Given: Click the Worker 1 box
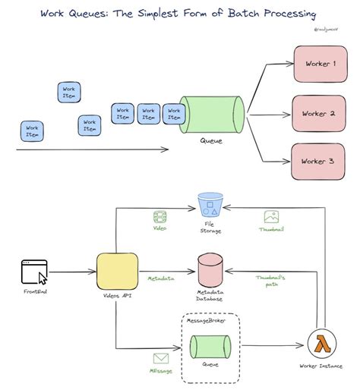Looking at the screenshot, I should (318, 64).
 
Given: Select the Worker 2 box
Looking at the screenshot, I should (318, 113).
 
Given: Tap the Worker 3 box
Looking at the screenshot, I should (318, 161).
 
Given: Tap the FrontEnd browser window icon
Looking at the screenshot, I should (34, 271).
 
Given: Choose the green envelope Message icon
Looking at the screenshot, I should (161, 359).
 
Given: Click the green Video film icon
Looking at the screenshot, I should (159, 217).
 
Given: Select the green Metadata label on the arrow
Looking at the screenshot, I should (160, 279).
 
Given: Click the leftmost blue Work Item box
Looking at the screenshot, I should (33, 131).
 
